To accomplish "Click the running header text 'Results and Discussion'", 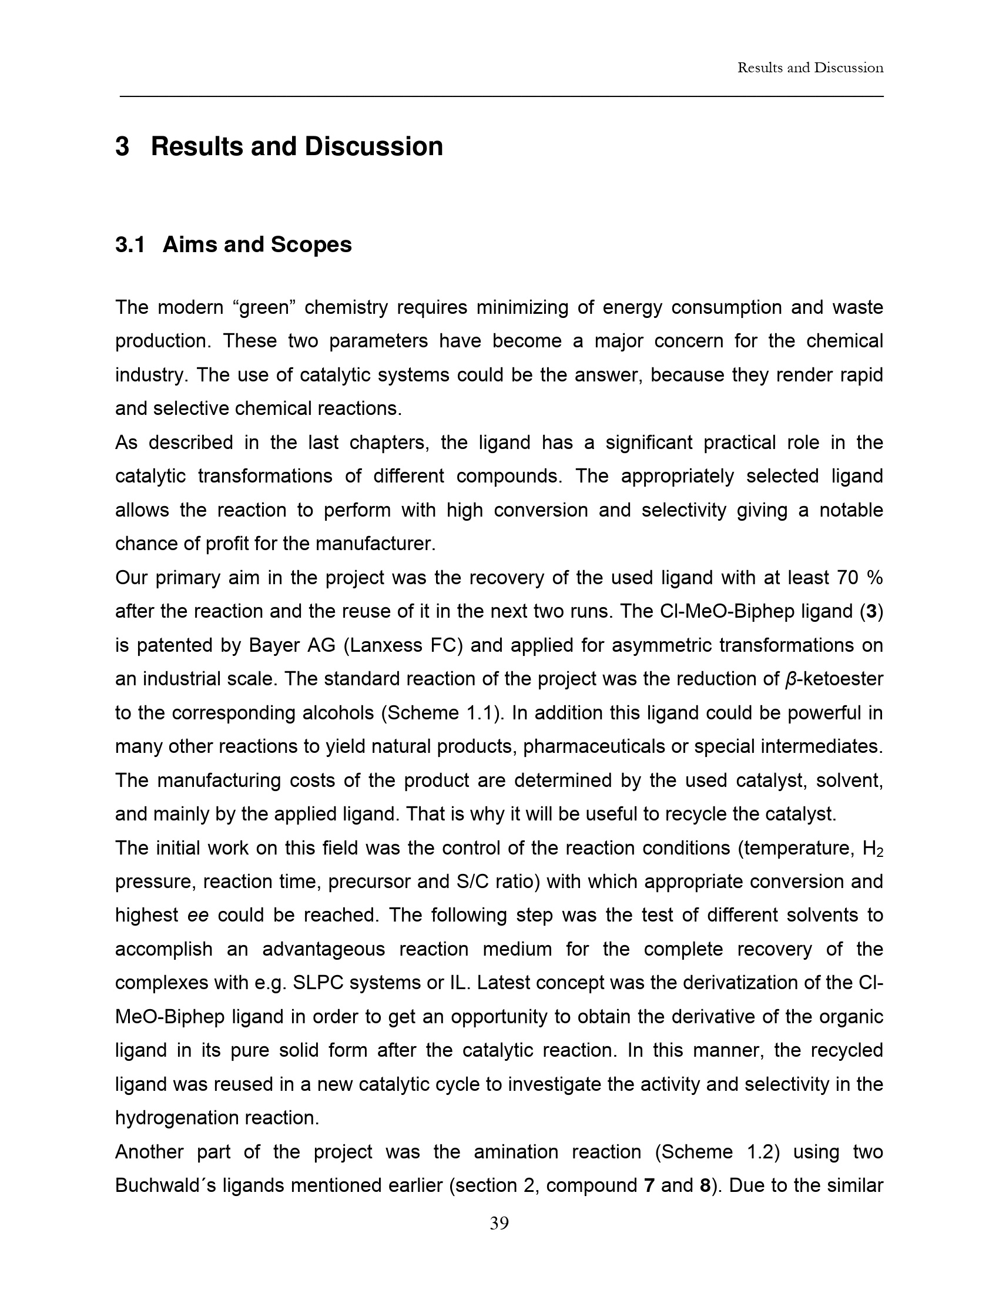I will [810, 68].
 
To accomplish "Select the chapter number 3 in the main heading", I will [122, 147].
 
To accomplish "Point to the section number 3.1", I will [130, 244].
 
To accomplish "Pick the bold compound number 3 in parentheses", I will [870, 612].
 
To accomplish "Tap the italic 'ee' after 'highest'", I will [198, 916].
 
